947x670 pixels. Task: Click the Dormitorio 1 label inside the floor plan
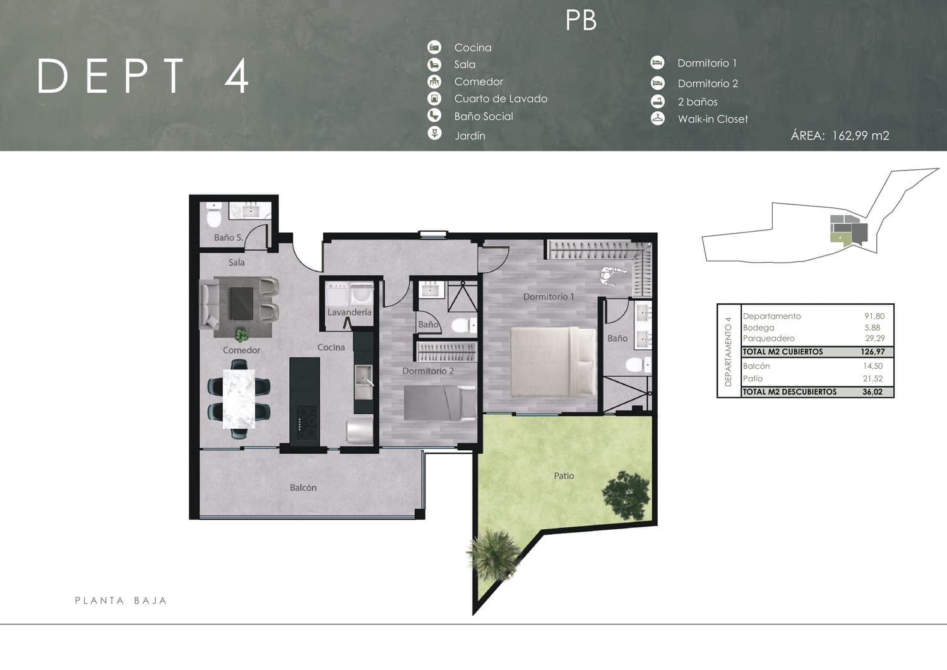click(x=549, y=297)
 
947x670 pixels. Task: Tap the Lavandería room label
click(x=349, y=312)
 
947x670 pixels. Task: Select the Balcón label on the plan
click(x=303, y=488)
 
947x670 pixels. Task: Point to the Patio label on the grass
click(x=564, y=476)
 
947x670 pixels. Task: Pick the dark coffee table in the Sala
click(x=241, y=304)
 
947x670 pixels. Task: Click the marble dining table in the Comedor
click(x=239, y=399)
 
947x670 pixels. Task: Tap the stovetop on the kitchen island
click(x=307, y=423)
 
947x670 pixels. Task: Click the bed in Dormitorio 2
click(x=439, y=403)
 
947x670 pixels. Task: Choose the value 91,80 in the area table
click(x=874, y=316)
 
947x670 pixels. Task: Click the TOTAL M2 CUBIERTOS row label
click(x=783, y=352)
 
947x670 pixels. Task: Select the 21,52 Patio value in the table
click(x=873, y=378)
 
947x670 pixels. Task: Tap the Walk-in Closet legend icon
click(x=658, y=119)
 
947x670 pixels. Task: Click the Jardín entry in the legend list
click(x=470, y=136)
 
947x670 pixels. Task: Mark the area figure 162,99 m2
click(x=861, y=136)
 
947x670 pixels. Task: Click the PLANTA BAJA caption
click(x=121, y=601)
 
